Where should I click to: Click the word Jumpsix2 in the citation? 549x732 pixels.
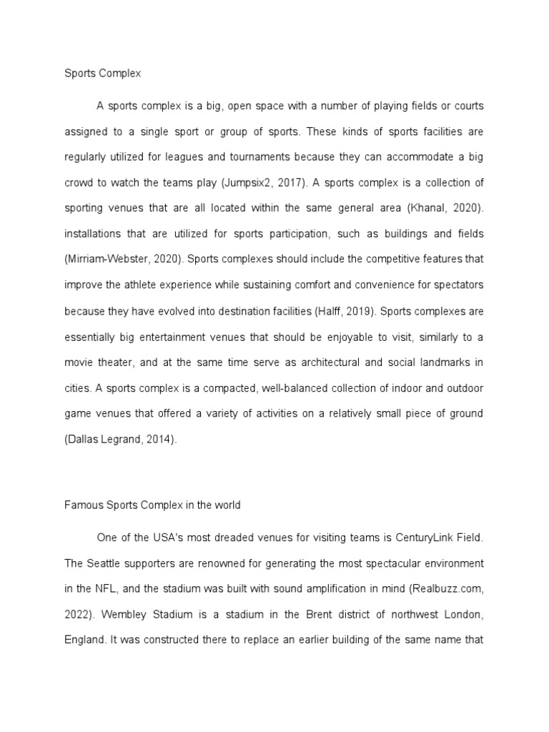252,182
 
